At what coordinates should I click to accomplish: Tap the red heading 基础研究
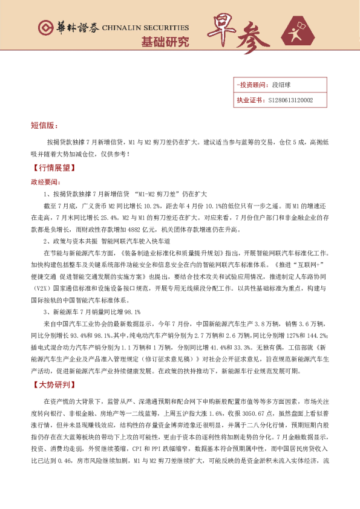pos(165,43)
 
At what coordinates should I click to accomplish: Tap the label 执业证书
pos(250,100)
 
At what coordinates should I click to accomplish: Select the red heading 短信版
pos(44,126)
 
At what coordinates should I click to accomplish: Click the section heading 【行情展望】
pos(53,168)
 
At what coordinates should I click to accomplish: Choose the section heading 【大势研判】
pos(53,384)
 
